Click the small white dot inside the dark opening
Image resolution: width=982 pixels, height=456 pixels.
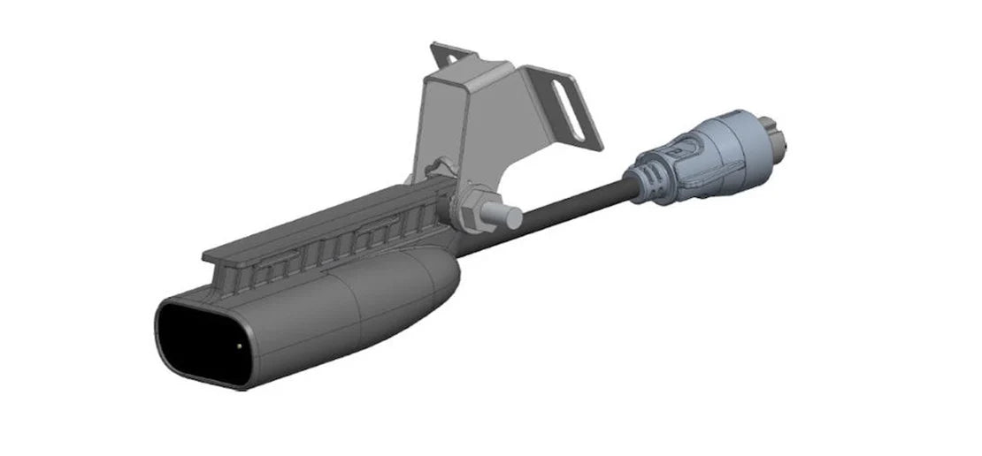tap(242, 346)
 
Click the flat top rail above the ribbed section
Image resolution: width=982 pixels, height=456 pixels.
tap(310, 224)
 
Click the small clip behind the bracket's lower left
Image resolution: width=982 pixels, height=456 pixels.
tap(440, 165)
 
